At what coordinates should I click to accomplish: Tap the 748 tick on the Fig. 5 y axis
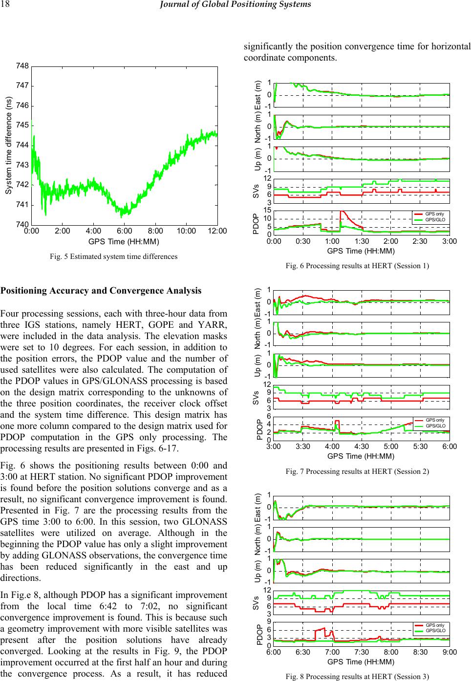[x=23, y=66]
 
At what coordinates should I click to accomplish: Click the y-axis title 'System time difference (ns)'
[x=8, y=146]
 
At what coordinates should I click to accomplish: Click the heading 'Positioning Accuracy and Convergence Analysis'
[x=101, y=291]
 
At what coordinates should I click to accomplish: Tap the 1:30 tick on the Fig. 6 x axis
[x=361, y=241]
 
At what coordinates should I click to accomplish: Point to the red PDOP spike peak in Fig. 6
[x=341, y=212]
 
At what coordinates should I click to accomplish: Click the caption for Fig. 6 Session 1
[x=357, y=266]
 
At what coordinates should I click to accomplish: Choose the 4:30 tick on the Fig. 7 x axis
[x=361, y=447]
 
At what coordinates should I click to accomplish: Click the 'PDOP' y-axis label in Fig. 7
[x=259, y=428]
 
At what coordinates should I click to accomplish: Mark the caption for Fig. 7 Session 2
[x=357, y=471]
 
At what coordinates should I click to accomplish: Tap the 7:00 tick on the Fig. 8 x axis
[x=332, y=652]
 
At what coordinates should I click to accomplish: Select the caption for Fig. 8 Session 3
[x=357, y=677]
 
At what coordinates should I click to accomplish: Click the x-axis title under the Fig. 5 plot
[x=124, y=241]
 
